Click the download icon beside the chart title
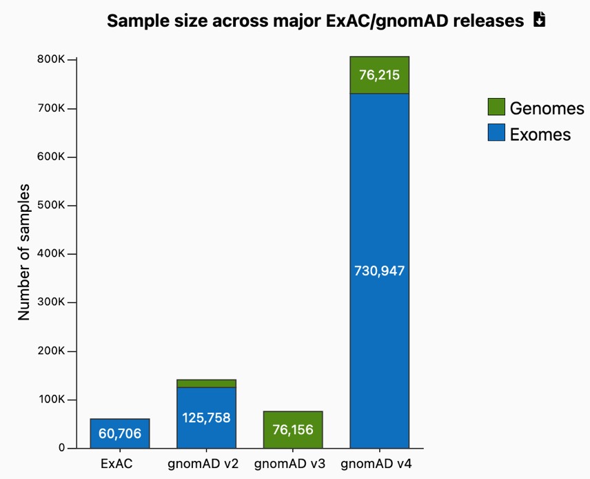[539, 20]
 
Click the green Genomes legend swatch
[496, 108]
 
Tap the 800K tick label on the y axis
[51, 59]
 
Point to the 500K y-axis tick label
[51, 206]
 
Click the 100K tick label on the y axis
[51, 400]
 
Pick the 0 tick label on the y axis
[61, 448]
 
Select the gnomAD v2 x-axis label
[206, 463]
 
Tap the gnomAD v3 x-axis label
[293, 463]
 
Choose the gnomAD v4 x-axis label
[380, 463]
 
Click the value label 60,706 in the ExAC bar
[119, 433]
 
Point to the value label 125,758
[206, 418]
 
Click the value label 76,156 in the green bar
[293, 430]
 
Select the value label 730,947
[380, 271]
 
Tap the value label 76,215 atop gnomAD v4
[380, 75]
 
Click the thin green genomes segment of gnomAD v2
[206, 384]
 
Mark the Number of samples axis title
[25, 252]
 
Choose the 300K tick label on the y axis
[51, 302]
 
